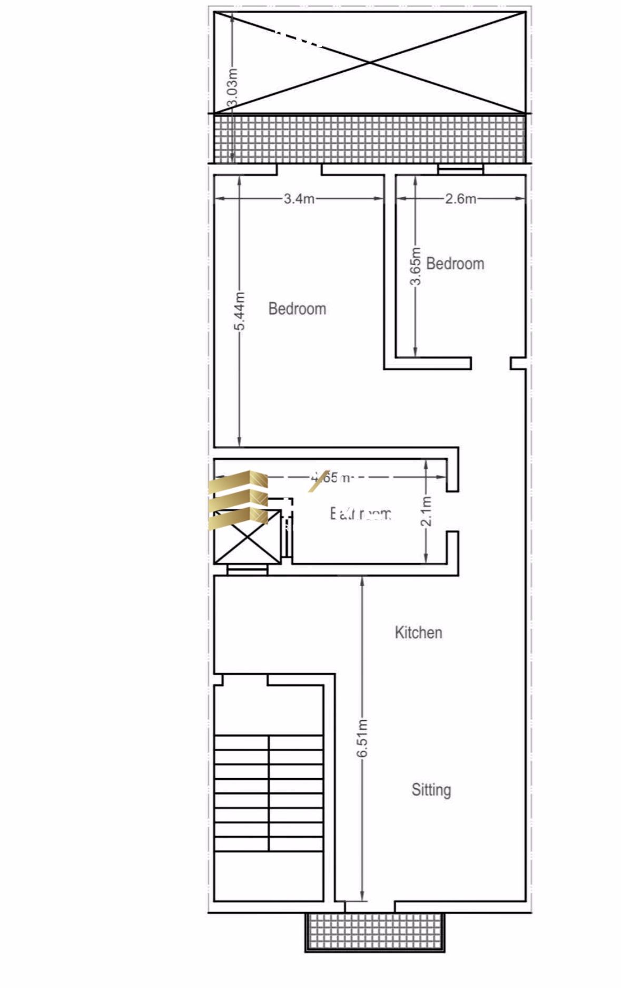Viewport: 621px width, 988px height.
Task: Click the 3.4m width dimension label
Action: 299,199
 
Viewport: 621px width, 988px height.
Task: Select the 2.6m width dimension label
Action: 460,199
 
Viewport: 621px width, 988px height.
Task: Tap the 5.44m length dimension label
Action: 239,311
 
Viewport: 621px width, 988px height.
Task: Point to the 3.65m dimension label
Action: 416,266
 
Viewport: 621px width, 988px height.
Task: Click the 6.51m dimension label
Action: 362,738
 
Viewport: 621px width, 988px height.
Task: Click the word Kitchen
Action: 418,633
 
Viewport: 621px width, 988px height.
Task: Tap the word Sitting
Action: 431,790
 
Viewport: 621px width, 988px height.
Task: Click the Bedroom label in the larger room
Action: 297,308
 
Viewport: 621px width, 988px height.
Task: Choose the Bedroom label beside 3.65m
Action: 455,264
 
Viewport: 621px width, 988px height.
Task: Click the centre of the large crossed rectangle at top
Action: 370,62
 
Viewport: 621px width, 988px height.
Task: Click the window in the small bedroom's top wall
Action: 460,169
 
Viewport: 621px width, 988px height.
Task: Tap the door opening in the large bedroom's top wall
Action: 299,170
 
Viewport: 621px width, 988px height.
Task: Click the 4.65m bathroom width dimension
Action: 330,478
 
